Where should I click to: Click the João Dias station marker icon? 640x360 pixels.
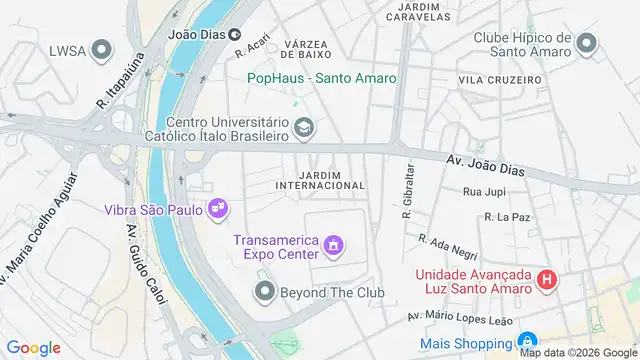[x=233, y=33]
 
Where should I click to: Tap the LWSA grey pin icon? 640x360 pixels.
[x=101, y=49]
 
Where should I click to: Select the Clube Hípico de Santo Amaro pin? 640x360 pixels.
[x=586, y=43]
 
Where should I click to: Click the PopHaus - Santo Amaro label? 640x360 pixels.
[x=322, y=78]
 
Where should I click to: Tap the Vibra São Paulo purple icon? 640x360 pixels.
[x=217, y=209]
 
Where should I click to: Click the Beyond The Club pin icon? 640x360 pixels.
[x=264, y=291]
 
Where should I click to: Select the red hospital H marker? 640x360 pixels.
[x=547, y=280]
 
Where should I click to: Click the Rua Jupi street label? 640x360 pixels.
[x=487, y=191]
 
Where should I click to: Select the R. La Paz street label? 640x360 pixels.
[x=506, y=216]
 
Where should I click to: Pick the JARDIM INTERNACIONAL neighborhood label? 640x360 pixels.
[x=318, y=178]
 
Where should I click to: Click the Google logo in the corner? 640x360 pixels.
[x=34, y=348]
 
